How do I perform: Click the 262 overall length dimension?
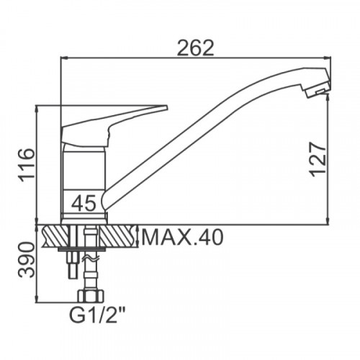click(195, 48)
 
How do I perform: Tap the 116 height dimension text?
click(27, 166)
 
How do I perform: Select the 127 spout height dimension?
click(318, 159)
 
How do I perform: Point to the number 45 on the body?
click(84, 203)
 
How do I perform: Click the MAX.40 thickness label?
click(183, 237)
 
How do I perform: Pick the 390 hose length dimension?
click(27, 260)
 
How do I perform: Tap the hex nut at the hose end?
click(91, 296)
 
